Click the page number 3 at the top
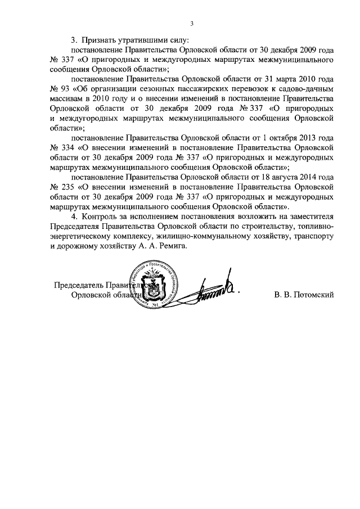pos(191,23)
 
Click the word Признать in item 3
pos(100,40)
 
